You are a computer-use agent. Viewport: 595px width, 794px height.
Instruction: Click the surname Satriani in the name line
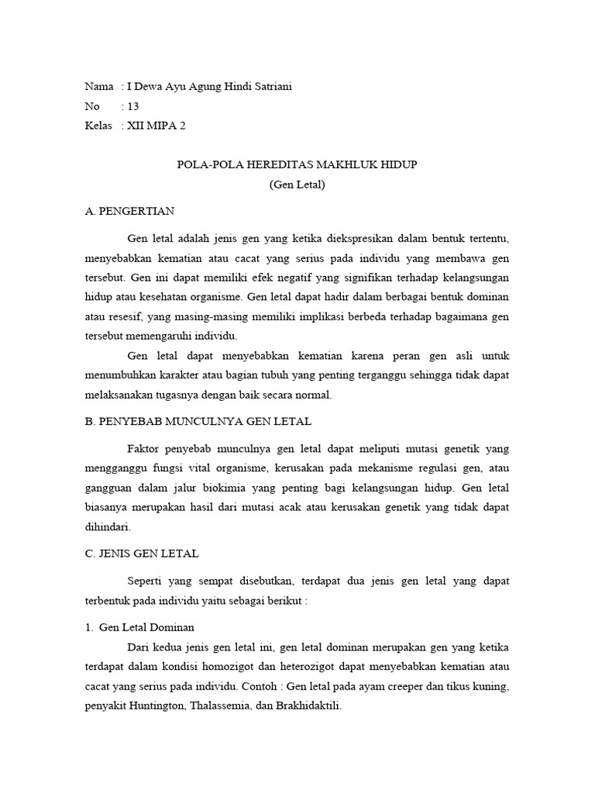[270, 87]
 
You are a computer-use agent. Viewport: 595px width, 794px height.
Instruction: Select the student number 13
[132, 106]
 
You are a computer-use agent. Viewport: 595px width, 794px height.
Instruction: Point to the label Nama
[98, 87]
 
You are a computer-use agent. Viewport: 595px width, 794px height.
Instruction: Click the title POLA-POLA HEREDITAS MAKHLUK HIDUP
[297, 166]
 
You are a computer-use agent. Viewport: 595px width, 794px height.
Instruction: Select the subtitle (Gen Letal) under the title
[297, 185]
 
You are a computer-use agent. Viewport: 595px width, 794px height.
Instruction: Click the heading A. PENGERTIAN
[130, 211]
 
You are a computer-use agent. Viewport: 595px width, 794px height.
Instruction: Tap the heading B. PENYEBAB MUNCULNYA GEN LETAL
[198, 421]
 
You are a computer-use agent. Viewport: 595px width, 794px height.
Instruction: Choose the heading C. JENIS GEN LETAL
[142, 553]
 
